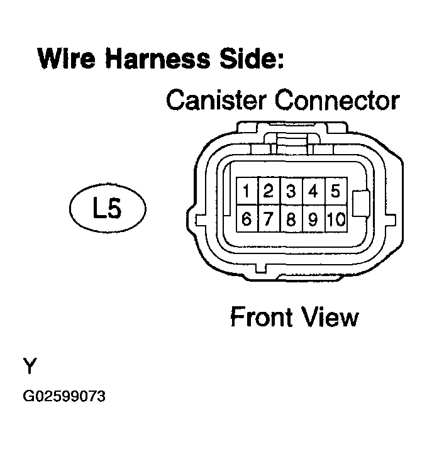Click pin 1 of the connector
[247, 191]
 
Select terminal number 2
[269, 191]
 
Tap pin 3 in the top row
[292, 191]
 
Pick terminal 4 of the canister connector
[314, 191]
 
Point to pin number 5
[336, 191]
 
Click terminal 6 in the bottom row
[247, 218]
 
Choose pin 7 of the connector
[269, 218]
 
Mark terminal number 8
[292, 218]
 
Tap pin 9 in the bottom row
[314, 218]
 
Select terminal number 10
[336, 218]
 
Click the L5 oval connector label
[108, 208]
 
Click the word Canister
[216, 100]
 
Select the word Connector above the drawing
[337, 100]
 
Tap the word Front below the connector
[261, 316]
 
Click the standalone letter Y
[30, 365]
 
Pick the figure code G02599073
[64, 396]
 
